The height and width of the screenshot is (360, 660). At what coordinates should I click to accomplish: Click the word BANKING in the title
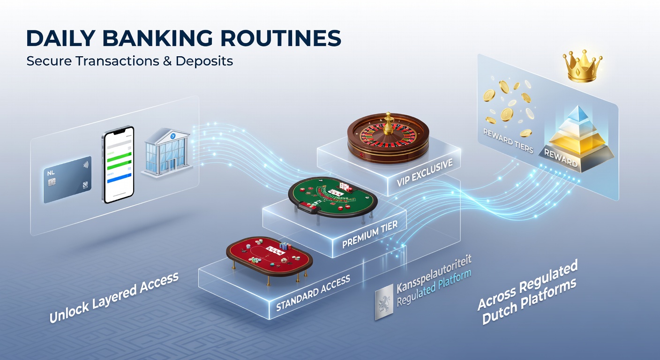pyautogui.click(x=157, y=38)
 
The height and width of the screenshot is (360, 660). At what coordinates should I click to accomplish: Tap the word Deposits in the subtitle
pyautogui.click(x=204, y=61)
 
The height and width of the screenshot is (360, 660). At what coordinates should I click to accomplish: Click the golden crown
pyautogui.click(x=582, y=66)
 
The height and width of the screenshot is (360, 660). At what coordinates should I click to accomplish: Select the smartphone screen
pyautogui.click(x=119, y=165)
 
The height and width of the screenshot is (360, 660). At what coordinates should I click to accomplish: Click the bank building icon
pyautogui.click(x=166, y=152)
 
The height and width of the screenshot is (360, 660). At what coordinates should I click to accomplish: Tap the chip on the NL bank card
pyautogui.click(x=52, y=182)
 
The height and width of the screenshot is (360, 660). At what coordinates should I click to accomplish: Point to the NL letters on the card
pyautogui.click(x=51, y=173)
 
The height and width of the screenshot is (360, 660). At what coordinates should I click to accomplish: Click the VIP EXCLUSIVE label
pyautogui.click(x=425, y=173)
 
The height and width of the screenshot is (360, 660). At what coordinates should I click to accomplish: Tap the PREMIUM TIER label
pyautogui.click(x=370, y=234)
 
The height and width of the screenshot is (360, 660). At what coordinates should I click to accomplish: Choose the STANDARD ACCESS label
pyautogui.click(x=313, y=293)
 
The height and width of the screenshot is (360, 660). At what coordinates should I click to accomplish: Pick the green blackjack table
pyautogui.click(x=333, y=196)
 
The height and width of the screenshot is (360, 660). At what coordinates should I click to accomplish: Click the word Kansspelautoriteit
pyautogui.click(x=434, y=274)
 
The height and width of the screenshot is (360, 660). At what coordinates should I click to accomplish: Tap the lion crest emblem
pyautogui.click(x=384, y=302)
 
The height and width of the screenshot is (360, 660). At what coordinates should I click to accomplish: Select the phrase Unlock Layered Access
pyautogui.click(x=114, y=297)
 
